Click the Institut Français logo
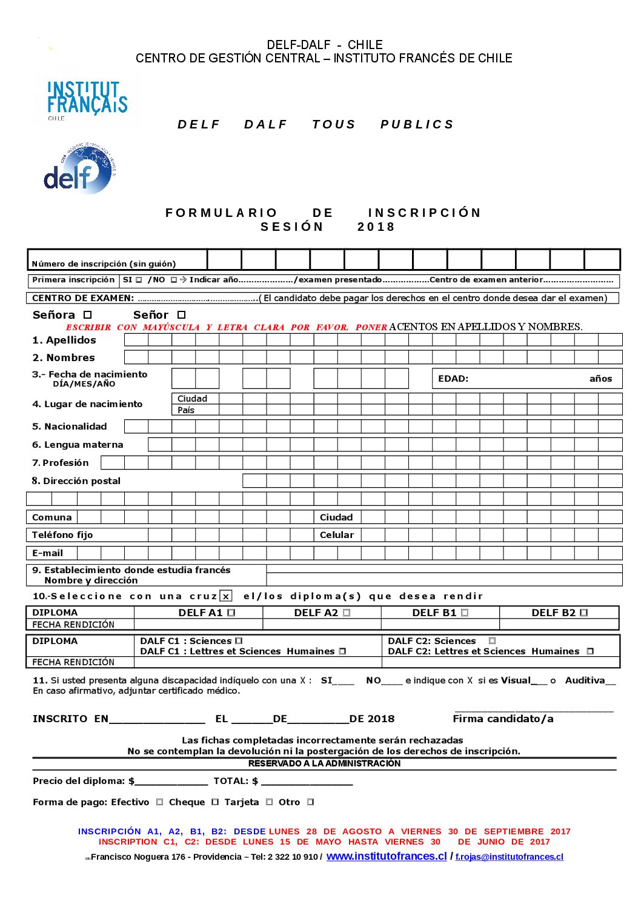point(87,98)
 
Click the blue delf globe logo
point(80,169)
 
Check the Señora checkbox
point(87,315)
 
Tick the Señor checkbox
point(181,315)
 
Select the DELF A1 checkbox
point(231,613)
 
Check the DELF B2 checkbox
point(583,613)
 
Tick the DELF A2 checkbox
point(347,613)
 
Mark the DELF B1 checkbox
point(465,613)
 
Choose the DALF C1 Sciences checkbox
point(239,641)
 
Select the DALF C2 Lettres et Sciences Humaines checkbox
point(590,651)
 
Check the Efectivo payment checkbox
point(160,802)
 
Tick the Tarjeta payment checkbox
point(270,802)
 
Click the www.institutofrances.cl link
point(387,856)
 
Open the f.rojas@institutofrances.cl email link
point(510,857)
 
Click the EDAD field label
point(453,379)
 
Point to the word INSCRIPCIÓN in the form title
point(424,213)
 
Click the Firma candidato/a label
point(503,719)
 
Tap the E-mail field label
point(47,553)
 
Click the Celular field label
point(337,535)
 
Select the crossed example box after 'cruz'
point(226,596)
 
